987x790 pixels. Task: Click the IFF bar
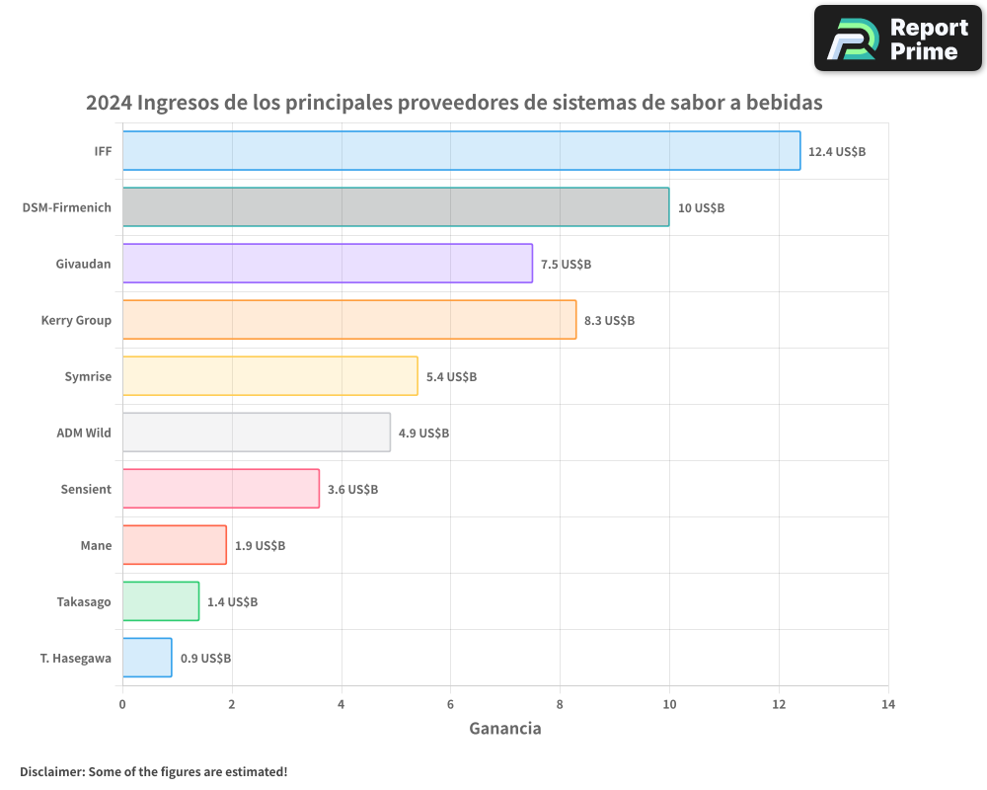click(x=461, y=151)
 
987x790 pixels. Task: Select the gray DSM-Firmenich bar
click(x=396, y=207)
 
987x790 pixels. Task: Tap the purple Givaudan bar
click(x=328, y=264)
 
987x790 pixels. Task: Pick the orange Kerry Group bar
click(x=349, y=320)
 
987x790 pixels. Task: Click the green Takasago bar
click(x=161, y=601)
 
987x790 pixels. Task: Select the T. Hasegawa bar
click(x=147, y=658)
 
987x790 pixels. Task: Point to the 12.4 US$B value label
click(x=837, y=151)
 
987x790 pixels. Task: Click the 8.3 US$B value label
click(x=609, y=320)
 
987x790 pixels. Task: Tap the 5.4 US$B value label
click(x=451, y=376)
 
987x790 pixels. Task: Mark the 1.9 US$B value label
click(x=260, y=545)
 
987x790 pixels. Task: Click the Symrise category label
click(x=88, y=376)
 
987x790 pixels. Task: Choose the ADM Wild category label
click(x=84, y=433)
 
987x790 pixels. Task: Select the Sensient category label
click(x=86, y=489)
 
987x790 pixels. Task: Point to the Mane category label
click(x=96, y=545)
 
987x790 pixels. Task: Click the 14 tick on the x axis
click(x=888, y=704)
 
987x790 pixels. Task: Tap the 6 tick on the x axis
click(x=450, y=704)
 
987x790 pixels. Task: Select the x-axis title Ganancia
click(x=504, y=729)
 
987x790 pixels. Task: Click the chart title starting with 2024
click(x=454, y=103)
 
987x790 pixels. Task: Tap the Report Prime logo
click(x=898, y=39)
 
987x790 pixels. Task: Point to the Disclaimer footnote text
click(x=153, y=771)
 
